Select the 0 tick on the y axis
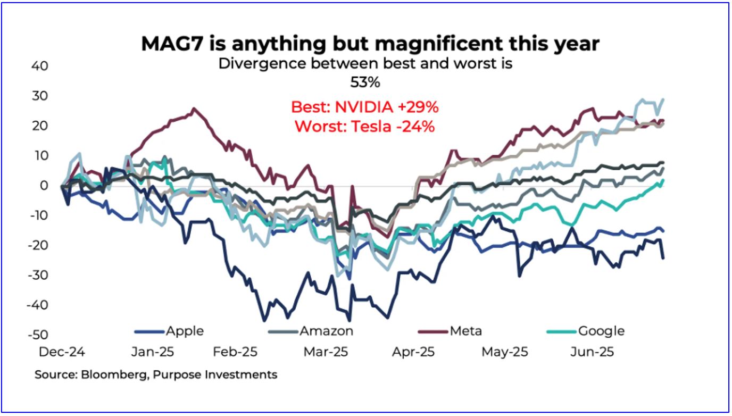point(44,186)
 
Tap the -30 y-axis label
point(38,275)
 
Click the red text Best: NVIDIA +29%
point(364,107)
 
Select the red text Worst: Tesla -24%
point(364,127)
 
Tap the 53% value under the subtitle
point(365,83)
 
